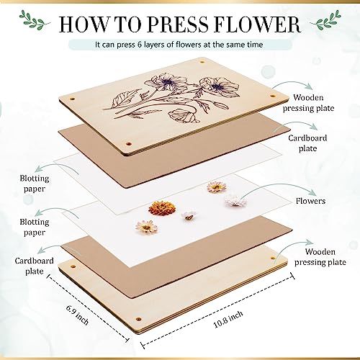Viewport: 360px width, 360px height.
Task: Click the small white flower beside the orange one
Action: click(189, 215)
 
